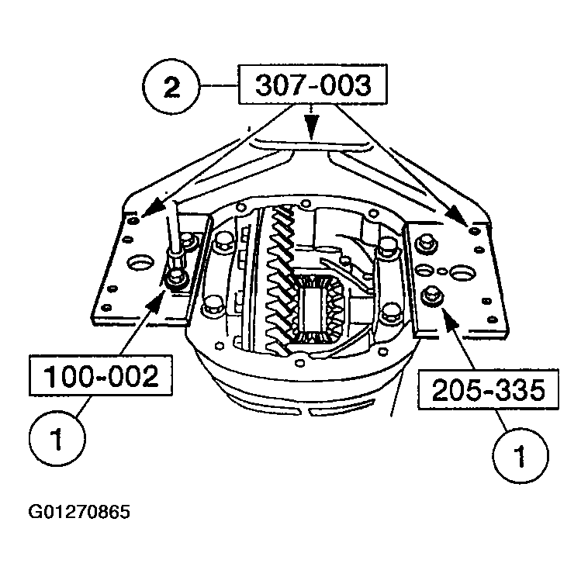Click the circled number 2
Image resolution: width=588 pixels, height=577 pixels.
[171, 85]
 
